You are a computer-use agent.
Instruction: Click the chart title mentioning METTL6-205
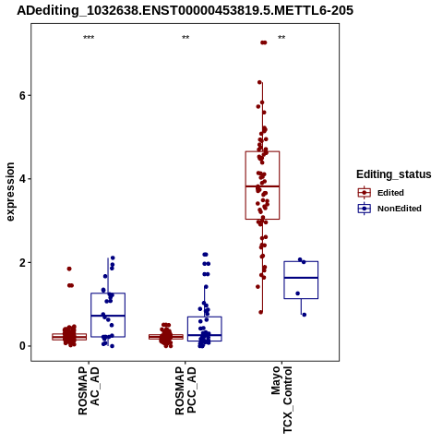click(185, 10)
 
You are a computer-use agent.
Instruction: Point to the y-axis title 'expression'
click(10, 192)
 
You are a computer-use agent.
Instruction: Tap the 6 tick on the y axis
click(22, 96)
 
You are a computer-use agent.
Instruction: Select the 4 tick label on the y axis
click(22, 179)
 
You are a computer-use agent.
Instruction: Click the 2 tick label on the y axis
click(22, 263)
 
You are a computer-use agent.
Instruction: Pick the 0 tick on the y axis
click(22, 346)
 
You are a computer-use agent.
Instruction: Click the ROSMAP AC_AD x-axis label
click(89, 390)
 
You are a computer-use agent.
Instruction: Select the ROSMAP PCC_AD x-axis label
click(186, 390)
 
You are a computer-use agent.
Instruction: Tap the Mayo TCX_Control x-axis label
click(281, 400)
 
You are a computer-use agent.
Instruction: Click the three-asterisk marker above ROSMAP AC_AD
click(89, 38)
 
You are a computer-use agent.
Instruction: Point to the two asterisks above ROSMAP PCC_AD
click(186, 38)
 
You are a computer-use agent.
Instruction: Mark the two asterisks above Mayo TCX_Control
click(281, 38)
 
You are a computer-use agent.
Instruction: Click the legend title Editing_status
click(394, 174)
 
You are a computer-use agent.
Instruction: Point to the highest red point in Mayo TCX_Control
click(263, 42)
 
